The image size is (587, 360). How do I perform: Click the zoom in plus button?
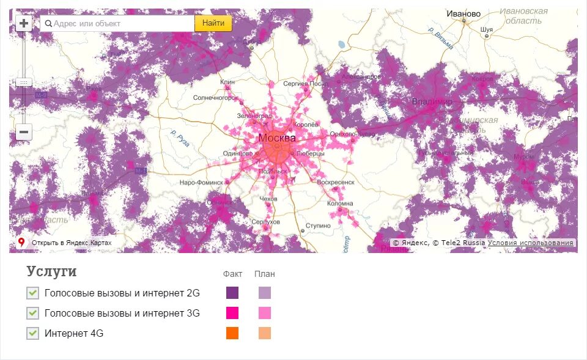24,24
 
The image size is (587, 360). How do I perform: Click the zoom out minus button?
24,131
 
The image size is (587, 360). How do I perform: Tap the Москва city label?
276,138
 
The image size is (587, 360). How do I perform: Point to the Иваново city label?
463,13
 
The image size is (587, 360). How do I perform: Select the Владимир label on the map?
432,101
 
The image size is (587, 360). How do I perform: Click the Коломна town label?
340,204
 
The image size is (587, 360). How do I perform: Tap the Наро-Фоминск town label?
202,183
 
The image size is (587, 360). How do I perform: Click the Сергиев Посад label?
306,83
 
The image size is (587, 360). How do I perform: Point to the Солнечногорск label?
215,97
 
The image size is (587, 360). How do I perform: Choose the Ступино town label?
318,226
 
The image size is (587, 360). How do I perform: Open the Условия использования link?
531,243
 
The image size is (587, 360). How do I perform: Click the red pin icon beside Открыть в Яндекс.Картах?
21,243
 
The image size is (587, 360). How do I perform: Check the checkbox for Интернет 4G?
33,333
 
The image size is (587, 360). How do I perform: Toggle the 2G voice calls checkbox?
33,293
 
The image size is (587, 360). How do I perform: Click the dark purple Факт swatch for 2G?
232,293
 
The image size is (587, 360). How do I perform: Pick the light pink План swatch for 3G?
264,314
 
